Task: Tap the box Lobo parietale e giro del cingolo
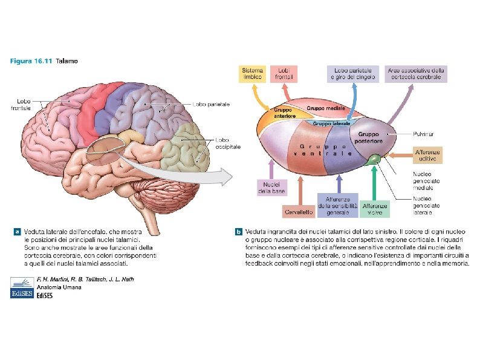(x=353, y=73)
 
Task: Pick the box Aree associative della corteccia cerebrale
(x=418, y=73)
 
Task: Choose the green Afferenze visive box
(x=375, y=209)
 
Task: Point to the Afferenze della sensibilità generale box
(x=337, y=206)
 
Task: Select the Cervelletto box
(x=299, y=212)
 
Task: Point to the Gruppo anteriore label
(x=282, y=113)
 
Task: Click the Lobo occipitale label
(x=229, y=143)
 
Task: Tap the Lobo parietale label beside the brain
(x=212, y=104)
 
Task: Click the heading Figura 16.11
(x=30, y=61)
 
